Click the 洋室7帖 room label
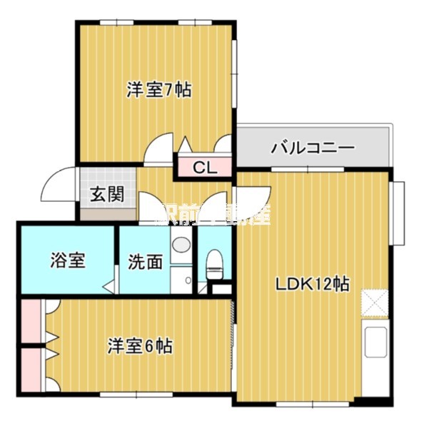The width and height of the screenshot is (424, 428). coord(158,91)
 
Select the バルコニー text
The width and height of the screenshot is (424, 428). coord(313,149)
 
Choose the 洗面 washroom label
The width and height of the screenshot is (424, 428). coord(145,262)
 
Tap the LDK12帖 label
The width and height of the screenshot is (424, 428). coord(313,284)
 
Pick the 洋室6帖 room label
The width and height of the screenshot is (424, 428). coord(140,347)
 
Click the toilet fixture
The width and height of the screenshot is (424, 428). coord(215,265)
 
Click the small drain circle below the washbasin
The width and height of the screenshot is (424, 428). coord(188,280)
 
